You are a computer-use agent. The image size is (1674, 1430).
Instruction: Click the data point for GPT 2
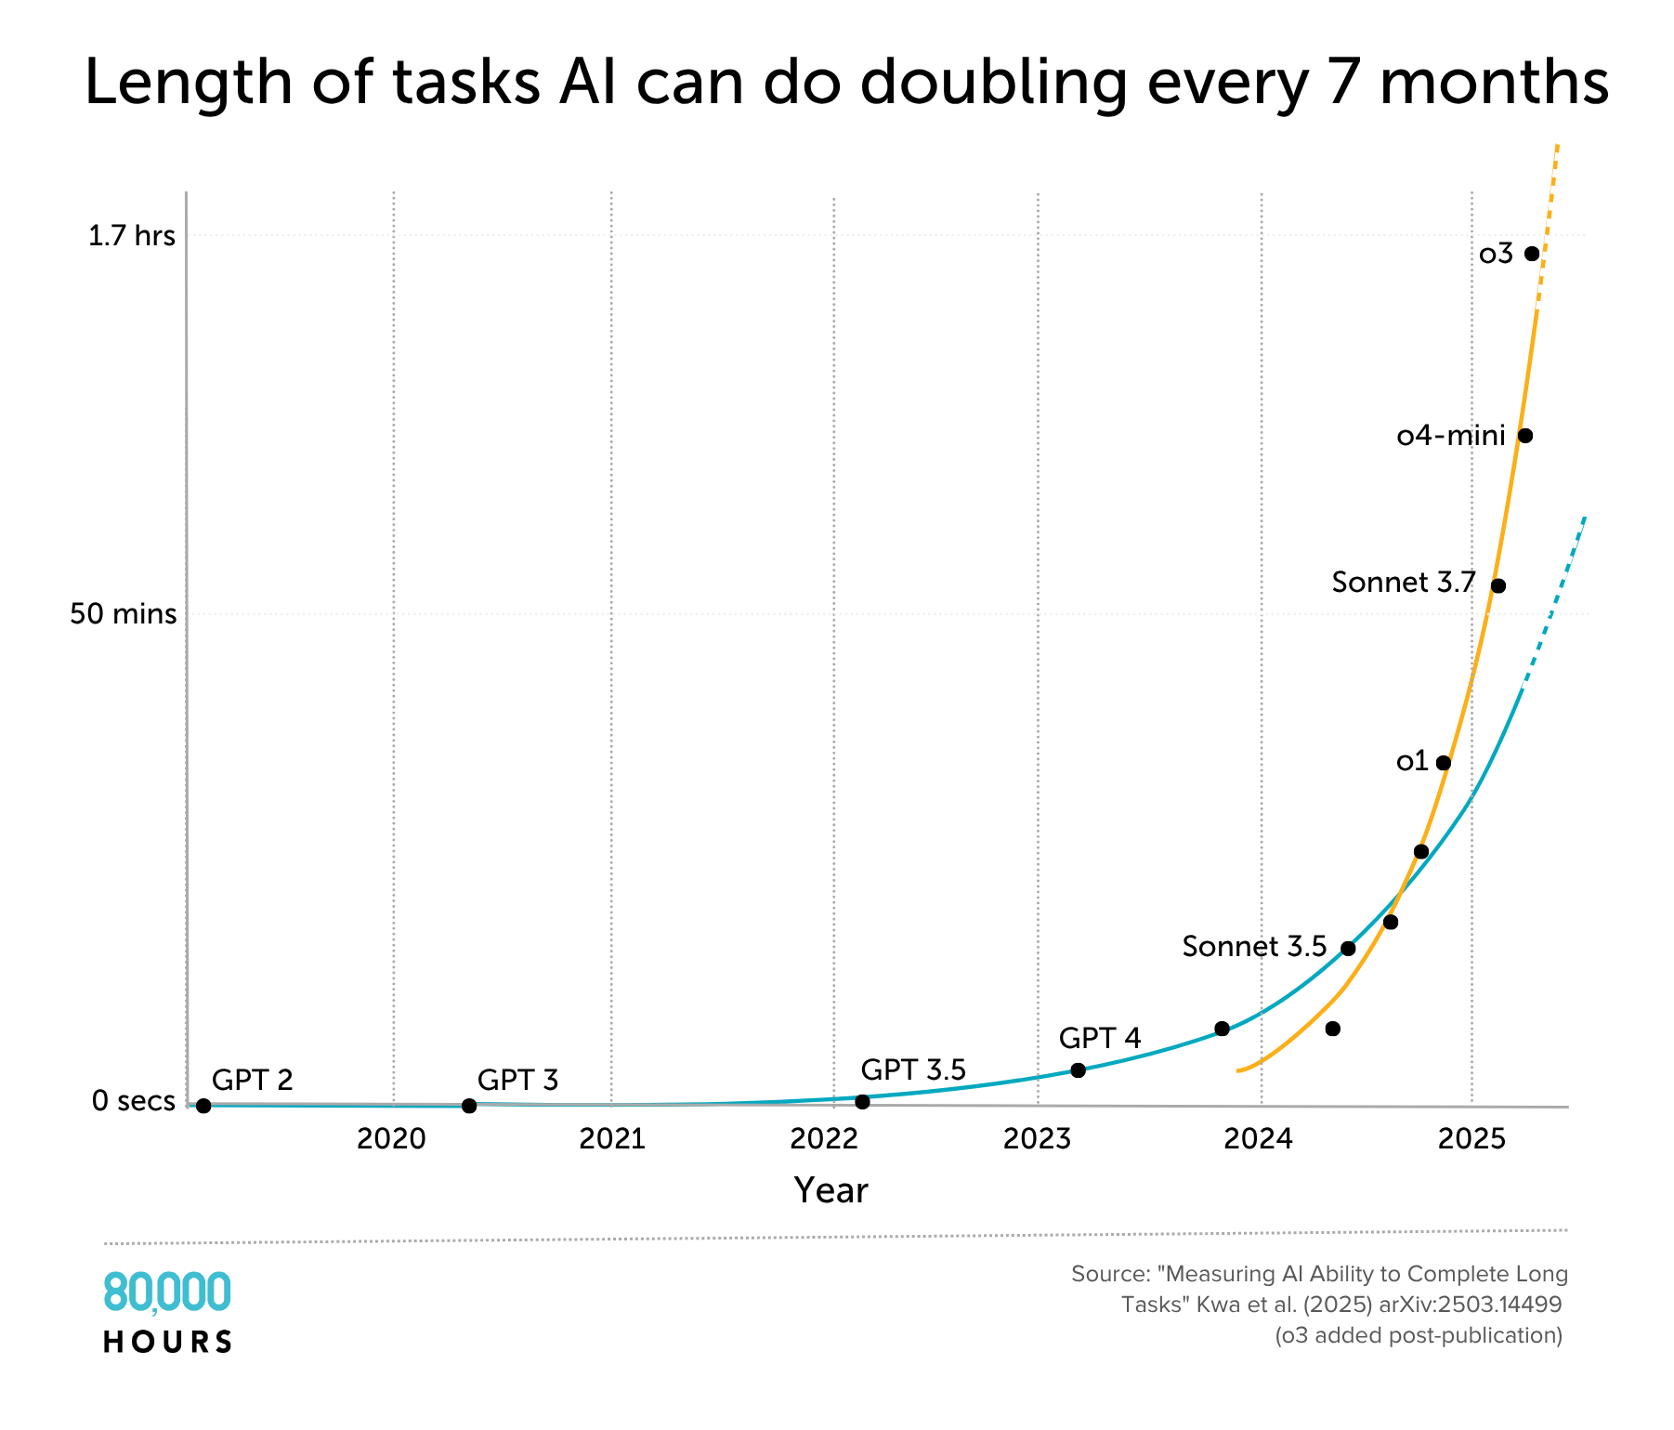point(203,1106)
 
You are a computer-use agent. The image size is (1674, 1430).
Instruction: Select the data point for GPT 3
point(469,1106)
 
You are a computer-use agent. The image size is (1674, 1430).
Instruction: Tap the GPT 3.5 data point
point(862,1102)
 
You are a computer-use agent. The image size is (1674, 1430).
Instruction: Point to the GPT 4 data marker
point(1078,1070)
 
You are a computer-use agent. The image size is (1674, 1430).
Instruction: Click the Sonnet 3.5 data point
point(1348,949)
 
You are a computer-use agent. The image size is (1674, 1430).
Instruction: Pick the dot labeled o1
point(1443,763)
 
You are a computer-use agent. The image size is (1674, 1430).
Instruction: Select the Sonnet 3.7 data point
point(1497,585)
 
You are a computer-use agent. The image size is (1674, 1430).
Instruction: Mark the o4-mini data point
point(1524,436)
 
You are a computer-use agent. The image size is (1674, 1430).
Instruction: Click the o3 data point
point(1532,254)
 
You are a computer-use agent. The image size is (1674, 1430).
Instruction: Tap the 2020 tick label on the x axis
point(391,1139)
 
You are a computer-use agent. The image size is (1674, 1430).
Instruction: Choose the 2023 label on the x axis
point(1038,1139)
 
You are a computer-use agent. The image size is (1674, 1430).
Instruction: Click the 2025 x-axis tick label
point(1471,1139)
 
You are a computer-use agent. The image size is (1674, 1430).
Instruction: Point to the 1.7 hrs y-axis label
point(132,236)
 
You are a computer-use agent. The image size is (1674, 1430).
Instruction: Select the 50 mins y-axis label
point(124,614)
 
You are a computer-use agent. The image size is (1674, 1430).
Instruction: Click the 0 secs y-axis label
point(133,1102)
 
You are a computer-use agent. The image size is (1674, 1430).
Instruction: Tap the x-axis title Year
point(830,1190)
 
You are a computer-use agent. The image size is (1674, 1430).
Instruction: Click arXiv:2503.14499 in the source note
point(1471,1305)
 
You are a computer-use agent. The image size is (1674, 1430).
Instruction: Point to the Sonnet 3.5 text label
point(1254,947)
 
